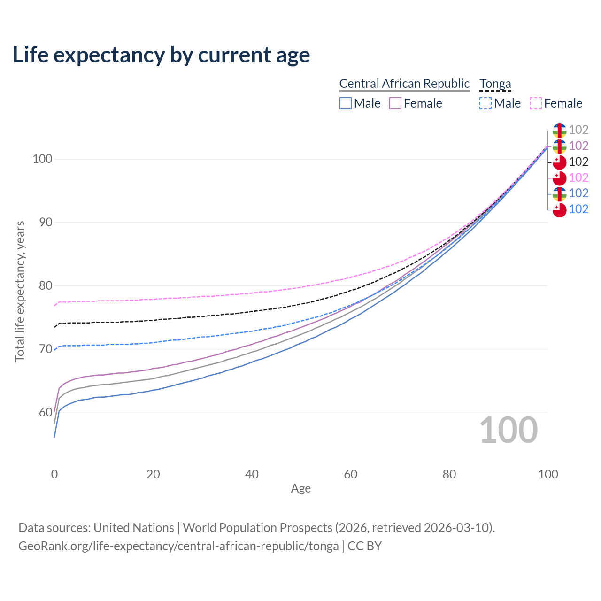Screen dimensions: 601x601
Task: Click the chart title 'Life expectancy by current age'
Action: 161,55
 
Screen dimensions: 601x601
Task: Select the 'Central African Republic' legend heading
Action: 404,84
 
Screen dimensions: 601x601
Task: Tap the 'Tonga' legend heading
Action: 495,84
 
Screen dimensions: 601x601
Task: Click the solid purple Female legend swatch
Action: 395,103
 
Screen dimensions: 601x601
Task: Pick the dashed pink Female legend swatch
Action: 536,103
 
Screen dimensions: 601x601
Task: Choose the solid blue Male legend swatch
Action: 346,103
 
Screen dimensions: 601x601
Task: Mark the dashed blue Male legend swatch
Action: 485,103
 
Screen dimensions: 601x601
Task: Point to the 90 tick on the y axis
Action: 46,223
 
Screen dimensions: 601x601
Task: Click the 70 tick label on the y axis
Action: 46,349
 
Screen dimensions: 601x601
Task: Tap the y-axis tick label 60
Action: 46,413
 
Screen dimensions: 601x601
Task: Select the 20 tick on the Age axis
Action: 153,474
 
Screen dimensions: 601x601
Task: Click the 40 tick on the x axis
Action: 252,474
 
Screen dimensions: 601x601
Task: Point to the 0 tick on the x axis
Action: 54,474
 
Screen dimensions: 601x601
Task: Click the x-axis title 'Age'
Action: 301,489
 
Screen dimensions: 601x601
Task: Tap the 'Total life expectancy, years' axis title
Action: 20,292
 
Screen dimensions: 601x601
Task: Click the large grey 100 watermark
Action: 509,430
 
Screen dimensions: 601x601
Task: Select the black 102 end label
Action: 578,162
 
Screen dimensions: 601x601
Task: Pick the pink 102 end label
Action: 578,177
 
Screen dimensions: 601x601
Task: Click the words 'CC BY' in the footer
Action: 365,546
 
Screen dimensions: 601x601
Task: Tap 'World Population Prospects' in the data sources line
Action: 257,528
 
